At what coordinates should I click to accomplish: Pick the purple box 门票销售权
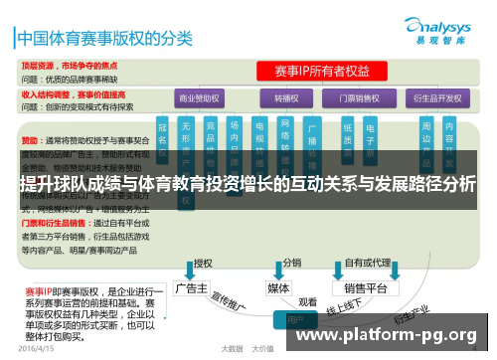click(361, 98)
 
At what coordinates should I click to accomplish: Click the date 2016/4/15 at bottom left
click(38, 348)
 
